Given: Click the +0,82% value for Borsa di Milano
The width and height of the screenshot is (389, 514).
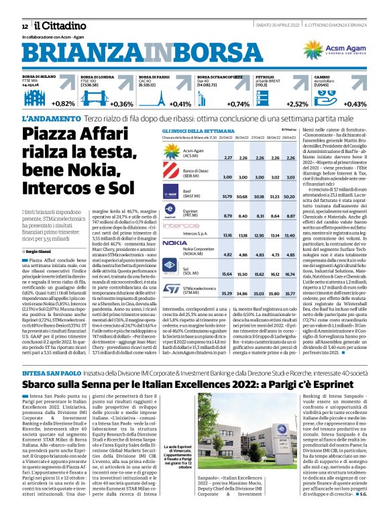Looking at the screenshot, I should (63, 103).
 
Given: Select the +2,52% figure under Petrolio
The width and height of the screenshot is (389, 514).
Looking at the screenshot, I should (297, 103).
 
